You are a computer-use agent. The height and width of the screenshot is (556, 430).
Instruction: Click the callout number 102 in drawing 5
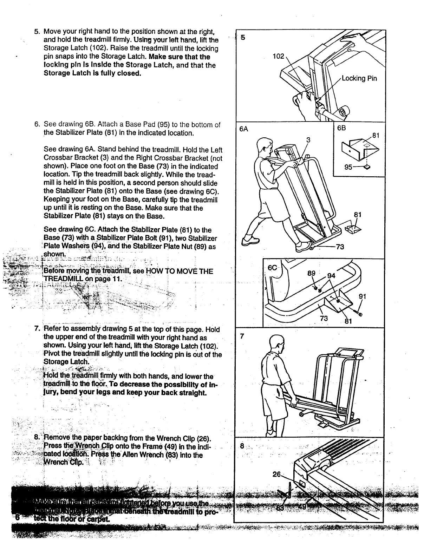coord(279,56)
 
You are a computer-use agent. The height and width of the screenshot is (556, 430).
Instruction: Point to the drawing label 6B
coord(341,128)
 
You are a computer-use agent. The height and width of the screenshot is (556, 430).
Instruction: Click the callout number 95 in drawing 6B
coord(348,167)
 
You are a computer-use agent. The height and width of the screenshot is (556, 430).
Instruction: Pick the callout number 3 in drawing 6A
coord(308,140)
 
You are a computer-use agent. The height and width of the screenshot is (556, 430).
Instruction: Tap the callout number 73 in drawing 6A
coord(339,247)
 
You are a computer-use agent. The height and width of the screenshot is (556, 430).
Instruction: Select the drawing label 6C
coord(273,268)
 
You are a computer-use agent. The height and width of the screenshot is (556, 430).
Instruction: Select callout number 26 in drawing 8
coord(277,475)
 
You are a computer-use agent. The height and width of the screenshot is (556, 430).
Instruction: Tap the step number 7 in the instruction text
coord(37,329)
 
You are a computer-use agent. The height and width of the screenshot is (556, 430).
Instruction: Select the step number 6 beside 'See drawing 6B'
coord(37,125)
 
